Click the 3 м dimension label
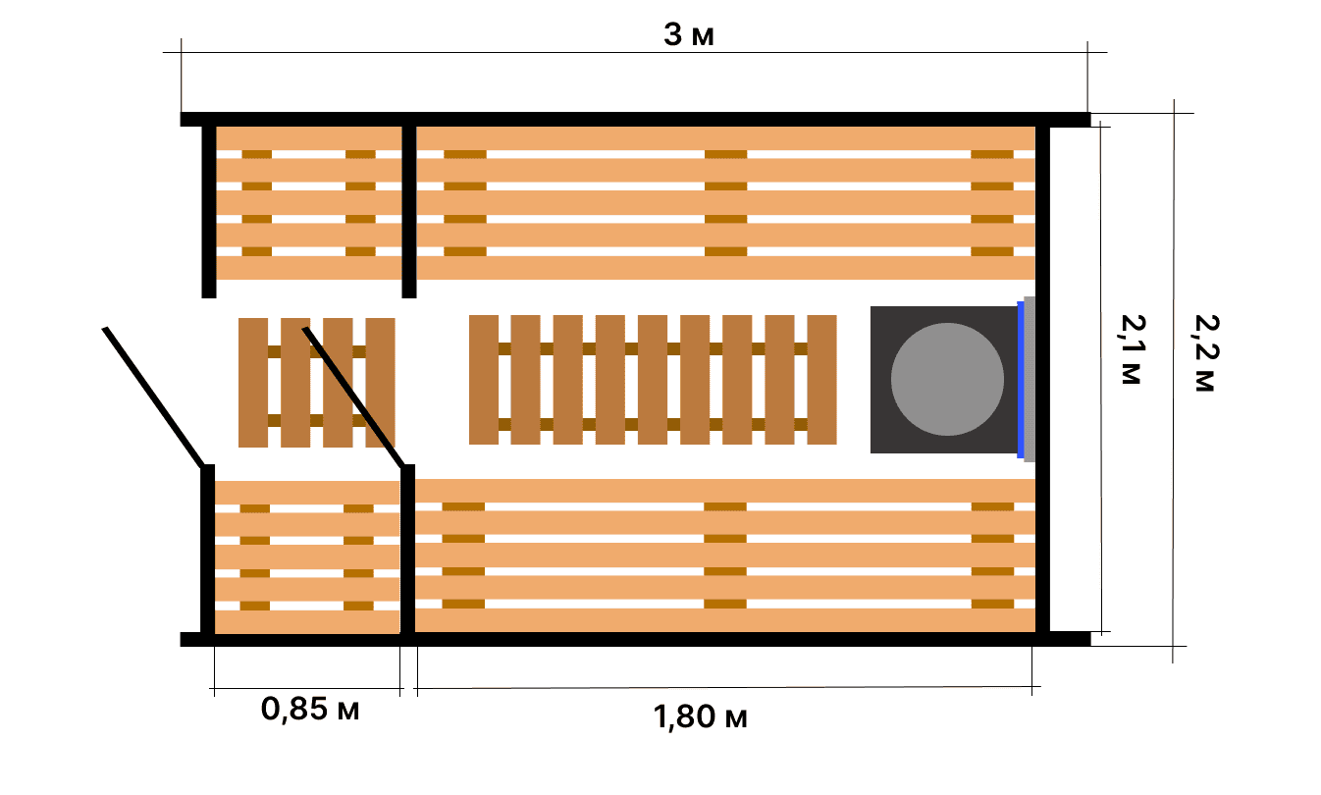[688, 34]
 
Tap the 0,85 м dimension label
[310, 709]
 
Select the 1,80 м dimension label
[700, 717]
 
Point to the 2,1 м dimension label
[1132, 349]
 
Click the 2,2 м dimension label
[1206, 352]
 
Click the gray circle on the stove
[947, 379]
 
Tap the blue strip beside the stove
[1021, 380]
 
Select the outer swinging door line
[154, 397]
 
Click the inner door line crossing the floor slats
[354, 398]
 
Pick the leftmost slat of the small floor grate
[253, 383]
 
